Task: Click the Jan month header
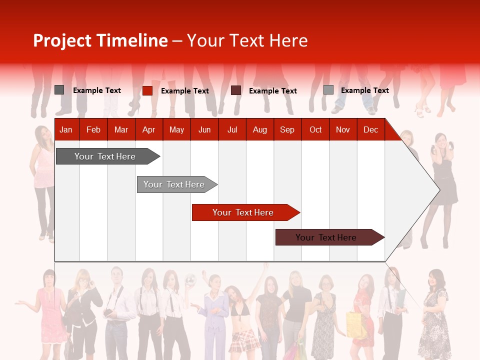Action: click(66, 130)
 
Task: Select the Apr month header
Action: click(148, 130)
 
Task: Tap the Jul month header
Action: click(232, 130)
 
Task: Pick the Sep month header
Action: click(287, 130)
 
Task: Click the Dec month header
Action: click(370, 130)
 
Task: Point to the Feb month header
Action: click(93, 130)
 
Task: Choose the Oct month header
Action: click(315, 130)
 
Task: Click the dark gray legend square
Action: click(59, 90)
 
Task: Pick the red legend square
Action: click(147, 90)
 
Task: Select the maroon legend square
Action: click(236, 90)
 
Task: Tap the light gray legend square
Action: click(328, 90)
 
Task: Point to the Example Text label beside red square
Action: click(184, 91)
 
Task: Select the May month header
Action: click(176, 130)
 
